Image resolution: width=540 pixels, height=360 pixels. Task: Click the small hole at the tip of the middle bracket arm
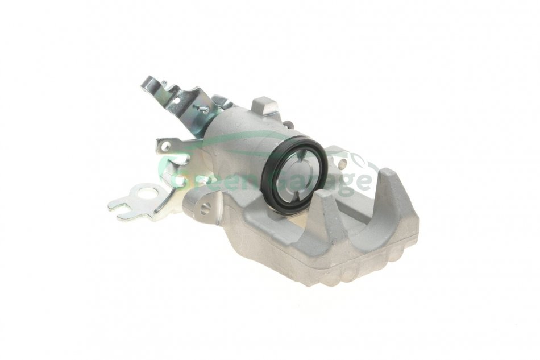point(165,146)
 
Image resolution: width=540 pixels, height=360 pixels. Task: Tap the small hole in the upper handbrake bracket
point(177,101)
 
